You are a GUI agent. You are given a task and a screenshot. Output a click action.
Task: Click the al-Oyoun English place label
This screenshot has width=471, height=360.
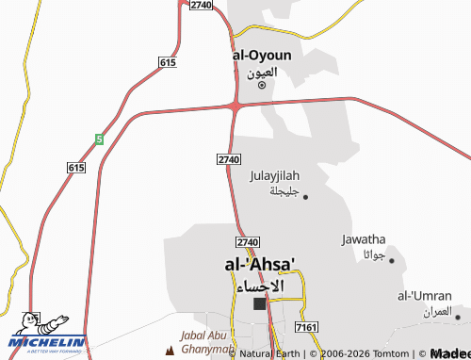(x=262, y=55)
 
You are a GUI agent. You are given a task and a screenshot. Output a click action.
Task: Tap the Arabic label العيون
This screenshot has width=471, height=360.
(x=262, y=72)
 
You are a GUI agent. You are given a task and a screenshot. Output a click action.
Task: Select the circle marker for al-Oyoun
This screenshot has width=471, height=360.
(x=262, y=86)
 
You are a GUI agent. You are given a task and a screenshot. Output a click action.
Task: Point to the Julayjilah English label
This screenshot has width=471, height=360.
(x=274, y=175)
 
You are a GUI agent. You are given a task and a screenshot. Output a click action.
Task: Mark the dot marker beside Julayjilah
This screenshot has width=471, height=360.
(x=305, y=197)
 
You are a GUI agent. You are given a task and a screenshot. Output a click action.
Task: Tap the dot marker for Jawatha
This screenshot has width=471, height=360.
(x=392, y=259)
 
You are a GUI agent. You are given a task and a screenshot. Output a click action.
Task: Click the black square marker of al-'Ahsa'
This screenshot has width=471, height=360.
(x=260, y=303)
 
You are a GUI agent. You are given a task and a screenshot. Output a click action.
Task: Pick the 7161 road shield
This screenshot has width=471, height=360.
(x=305, y=326)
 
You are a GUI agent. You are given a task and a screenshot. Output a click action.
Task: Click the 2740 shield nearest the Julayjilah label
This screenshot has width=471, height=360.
(x=229, y=159)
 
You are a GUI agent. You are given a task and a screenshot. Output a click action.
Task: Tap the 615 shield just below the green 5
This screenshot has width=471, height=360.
(x=76, y=167)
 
